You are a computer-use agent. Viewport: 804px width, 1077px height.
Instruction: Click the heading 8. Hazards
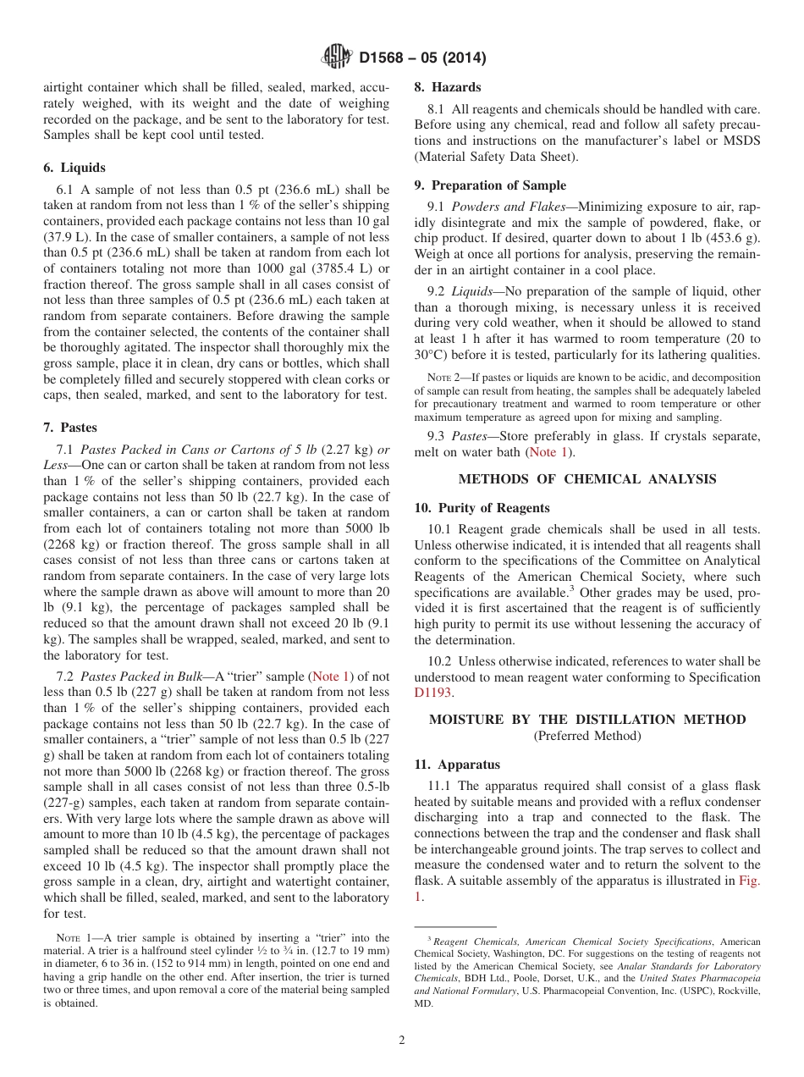(447, 87)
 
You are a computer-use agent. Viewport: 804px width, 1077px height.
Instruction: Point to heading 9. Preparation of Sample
(490, 185)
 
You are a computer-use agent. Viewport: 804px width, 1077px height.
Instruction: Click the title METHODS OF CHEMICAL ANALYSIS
(587, 479)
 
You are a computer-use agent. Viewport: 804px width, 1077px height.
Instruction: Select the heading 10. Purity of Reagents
(482, 508)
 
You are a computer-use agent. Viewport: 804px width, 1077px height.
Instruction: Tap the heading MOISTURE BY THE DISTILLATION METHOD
(587, 720)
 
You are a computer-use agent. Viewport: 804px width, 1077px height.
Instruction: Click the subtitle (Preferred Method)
(587, 736)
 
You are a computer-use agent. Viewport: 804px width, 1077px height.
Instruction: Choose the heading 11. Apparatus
(457, 765)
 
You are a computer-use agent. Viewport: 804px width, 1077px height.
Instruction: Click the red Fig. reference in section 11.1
(750, 880)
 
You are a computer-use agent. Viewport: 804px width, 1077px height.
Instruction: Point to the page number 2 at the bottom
(402, 1041)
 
